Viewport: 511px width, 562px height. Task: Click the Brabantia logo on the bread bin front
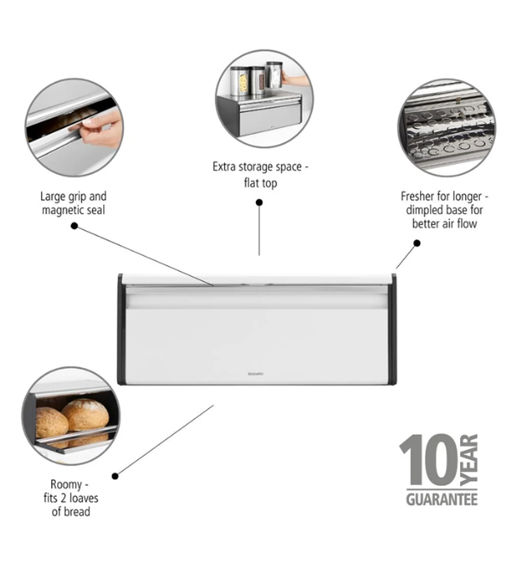coord(255,374)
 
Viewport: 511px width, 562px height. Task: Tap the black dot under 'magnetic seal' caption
coord(74,226)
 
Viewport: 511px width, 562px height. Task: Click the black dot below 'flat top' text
coord(259,202)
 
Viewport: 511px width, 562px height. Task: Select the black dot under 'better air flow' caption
coord(416,243)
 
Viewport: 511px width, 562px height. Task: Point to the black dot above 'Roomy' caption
coord(115,476)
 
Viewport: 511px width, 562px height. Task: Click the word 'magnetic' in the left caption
coord(61,210)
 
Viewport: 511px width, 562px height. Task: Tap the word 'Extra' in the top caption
coord(224,167)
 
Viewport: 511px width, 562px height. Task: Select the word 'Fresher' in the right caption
coord(417,196)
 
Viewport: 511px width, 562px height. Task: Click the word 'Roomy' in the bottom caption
coord(66,485)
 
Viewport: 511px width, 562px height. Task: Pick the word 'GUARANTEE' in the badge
coord(442,499)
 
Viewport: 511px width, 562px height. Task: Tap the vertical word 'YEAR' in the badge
coord(469,460)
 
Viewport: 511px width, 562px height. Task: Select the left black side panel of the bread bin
coord(122,330)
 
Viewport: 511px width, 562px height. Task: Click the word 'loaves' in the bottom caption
coord(84,498)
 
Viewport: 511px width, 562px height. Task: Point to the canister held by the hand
coord(274,75)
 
